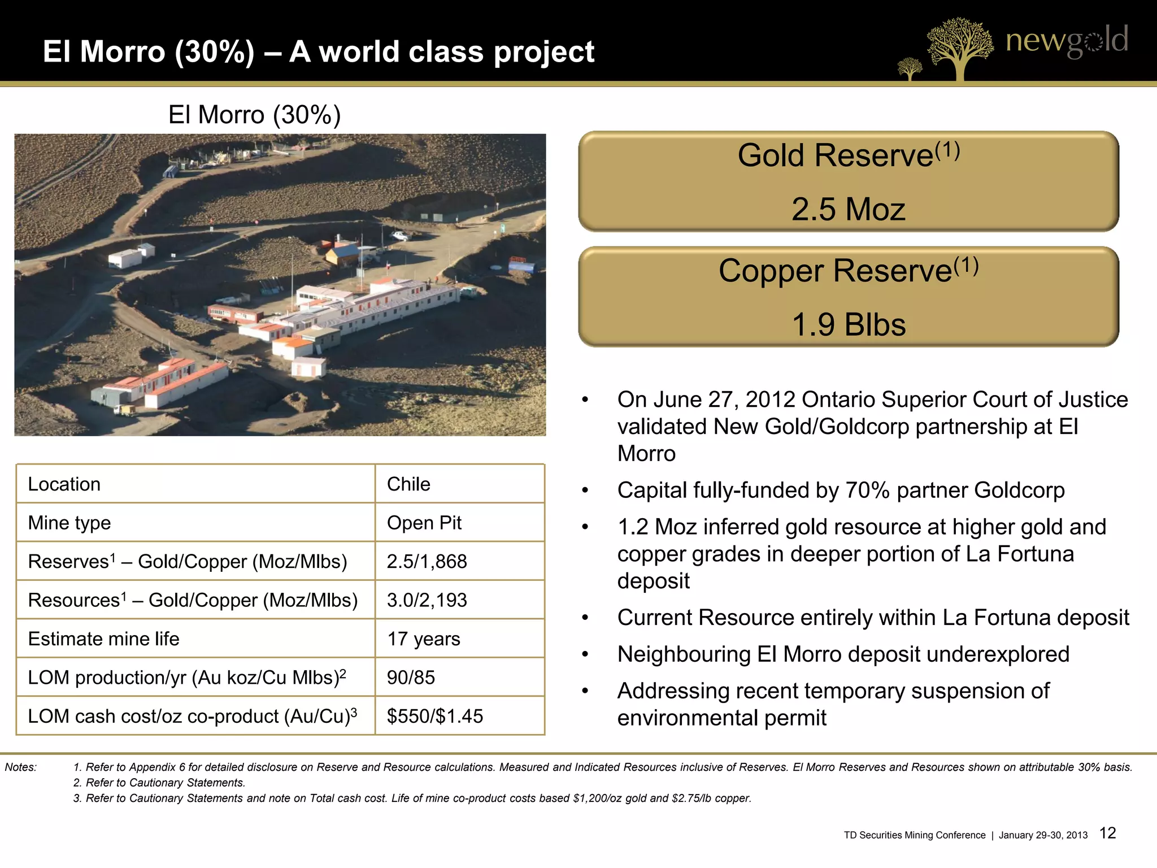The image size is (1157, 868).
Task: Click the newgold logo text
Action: click(x=1067, y=41)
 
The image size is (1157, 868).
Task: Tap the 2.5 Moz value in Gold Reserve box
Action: click(x=848, y=209)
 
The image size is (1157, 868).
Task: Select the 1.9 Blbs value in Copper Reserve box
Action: click(x=849, y=324)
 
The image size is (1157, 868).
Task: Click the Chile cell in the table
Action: click(x=408, y=484)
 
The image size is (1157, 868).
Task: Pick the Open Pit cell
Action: click(x=424, y=523)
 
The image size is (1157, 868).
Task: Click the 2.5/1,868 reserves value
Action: click(x=427, y=561)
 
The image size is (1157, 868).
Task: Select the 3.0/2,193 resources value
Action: click(x=427, y=600)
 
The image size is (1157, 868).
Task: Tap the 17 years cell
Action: click(x=423, y=639)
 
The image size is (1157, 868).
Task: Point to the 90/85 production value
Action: click(x=411, y=677)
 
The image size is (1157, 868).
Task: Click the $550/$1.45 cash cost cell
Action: click(x=434, y=716)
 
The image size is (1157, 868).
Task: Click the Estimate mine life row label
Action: click(x=103, y=639)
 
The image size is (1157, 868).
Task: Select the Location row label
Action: click(x=64, y=484)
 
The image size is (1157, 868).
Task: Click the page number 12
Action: click(x=1107, y=833)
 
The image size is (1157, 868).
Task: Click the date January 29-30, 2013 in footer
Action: click(x=1043, y=835)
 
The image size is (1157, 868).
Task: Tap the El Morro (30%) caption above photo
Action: click(x=254, y=115)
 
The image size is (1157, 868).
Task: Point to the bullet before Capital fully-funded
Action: click(x=585, y=491)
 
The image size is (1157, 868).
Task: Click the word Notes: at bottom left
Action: click(x=20, y=767)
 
